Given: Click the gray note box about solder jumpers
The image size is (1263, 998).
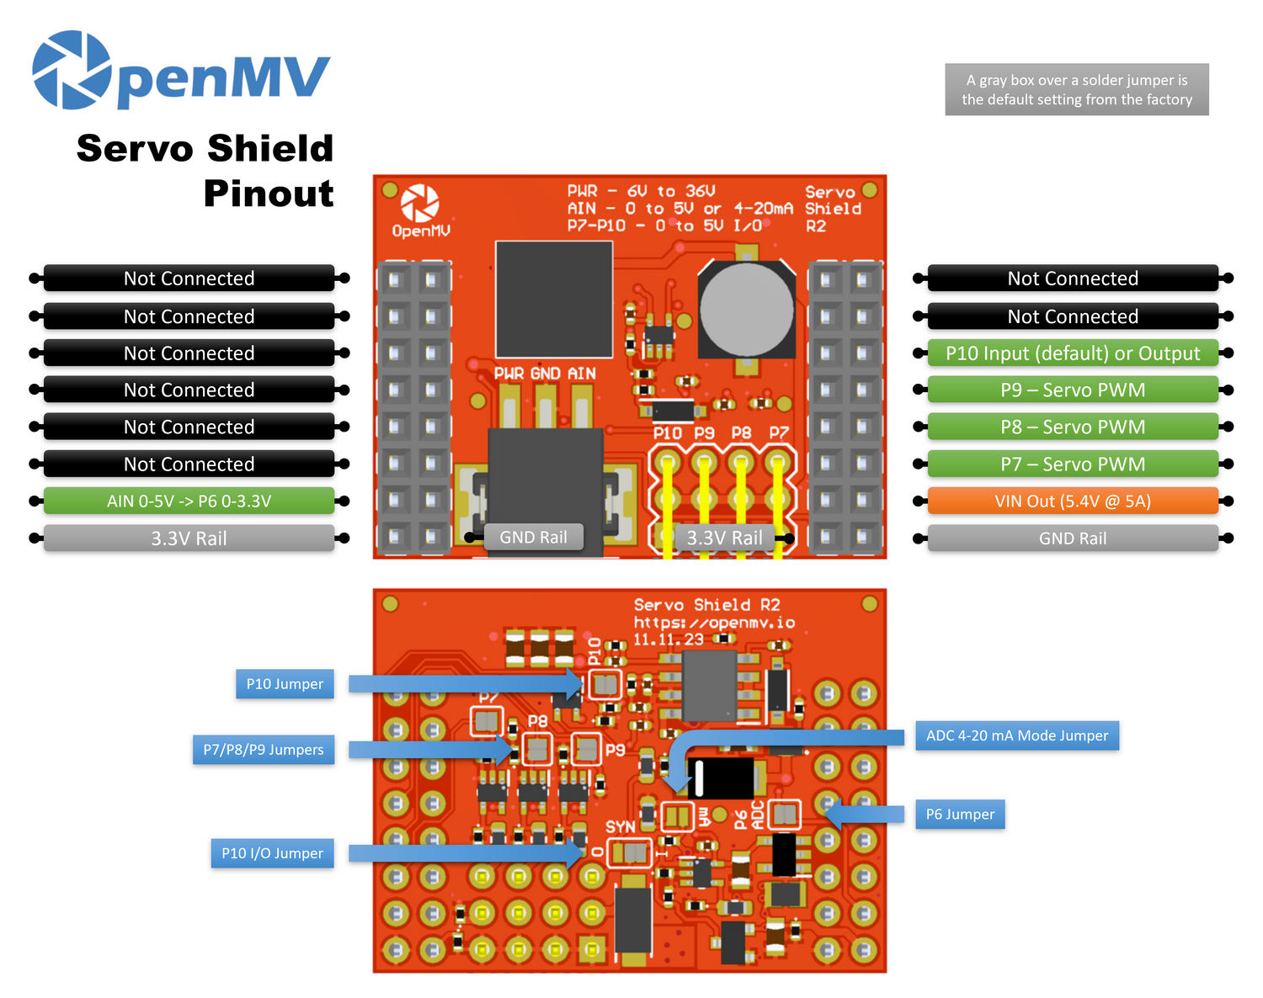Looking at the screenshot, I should click(1076, 89).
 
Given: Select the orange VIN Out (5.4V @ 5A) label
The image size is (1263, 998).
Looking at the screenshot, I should click(1072, 502).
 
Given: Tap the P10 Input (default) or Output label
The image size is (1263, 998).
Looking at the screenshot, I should click(1072, 353).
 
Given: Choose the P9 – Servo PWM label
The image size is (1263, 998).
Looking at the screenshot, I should click(1072, 390).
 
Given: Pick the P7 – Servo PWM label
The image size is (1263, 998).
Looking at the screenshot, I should click(1072, 464).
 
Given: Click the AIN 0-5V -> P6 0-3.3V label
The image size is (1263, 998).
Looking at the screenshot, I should click(189, 502).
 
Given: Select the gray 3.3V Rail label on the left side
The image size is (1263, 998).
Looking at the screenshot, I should click(189, 539).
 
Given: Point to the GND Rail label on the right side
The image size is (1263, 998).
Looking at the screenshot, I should click(1072, 539).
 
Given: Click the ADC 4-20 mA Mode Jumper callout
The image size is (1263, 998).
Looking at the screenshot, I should click(1016, 735).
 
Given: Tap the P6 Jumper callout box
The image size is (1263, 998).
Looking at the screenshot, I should click(960, 815).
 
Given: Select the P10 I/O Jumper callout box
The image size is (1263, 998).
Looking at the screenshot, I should click(272, 853).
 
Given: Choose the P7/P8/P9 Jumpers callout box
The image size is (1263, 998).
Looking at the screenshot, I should click(263, 750).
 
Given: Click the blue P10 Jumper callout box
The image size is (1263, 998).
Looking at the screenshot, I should click(285, 684).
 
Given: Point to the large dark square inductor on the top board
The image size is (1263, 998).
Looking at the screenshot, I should click(553, 299).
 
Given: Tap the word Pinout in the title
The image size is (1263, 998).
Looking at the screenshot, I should click(268, 194).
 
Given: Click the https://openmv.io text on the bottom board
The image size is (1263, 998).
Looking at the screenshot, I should click(714, 623).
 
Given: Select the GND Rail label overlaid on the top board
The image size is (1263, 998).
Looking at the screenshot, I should click(533, 537).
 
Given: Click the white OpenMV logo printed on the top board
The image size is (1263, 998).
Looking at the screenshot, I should click(420, 210).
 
